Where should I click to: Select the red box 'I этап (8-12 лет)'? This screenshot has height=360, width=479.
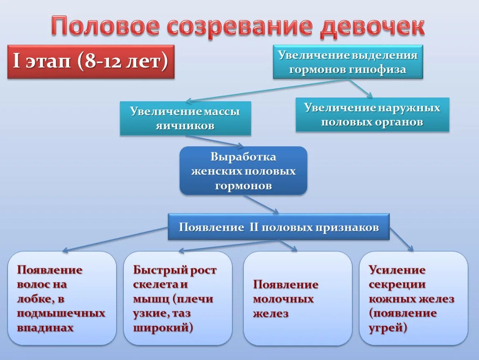click(91, 62)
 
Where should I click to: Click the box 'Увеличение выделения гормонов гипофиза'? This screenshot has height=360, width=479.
click(348, 62)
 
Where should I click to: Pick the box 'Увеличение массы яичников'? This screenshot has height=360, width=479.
click(185, 118)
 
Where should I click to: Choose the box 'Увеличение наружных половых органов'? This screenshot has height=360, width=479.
click(372, 115)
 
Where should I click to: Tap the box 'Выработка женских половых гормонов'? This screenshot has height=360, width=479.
click(243, 171)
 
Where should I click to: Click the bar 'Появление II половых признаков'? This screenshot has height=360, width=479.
click(278, 227)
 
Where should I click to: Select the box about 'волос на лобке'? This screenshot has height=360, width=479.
click(62, 298)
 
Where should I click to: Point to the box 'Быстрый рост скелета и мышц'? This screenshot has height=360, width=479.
click(177, 298)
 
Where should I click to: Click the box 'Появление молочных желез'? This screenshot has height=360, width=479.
click(297, 298)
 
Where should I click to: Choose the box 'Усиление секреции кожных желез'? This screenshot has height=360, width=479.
click(413, 298)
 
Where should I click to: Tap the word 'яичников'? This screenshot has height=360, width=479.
click(185, 126)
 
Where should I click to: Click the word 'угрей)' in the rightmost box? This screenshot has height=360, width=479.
click(388, 328)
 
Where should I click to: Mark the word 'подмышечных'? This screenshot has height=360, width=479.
click(61, 313)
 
